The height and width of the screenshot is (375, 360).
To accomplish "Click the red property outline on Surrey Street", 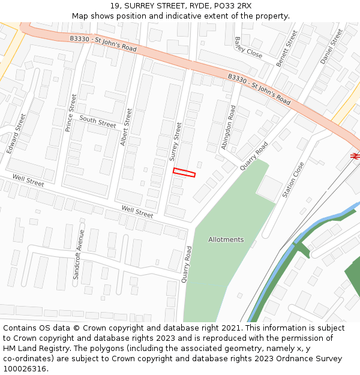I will [184, 173].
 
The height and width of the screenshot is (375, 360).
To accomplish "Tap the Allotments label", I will [226, 239].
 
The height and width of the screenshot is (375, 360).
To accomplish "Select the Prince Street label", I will [71, 112].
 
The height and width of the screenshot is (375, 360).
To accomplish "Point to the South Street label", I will [98, 122].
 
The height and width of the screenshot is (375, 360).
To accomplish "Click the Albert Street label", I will [126, 127].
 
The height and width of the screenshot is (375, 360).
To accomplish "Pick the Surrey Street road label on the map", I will [175, 142].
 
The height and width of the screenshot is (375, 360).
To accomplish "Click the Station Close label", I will [293, 180].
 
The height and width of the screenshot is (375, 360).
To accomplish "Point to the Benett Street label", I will [287, 49].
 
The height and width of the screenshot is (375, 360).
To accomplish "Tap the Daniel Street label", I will [331, 46].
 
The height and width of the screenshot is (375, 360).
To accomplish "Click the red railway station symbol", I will [355, 155].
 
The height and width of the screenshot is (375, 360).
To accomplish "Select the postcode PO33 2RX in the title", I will [231, 6].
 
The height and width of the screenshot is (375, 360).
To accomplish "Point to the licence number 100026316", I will [25, 368].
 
